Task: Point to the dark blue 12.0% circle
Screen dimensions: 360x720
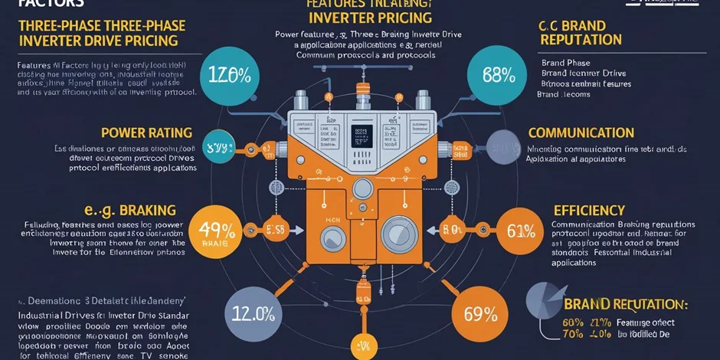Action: click(x=253, y=313)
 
